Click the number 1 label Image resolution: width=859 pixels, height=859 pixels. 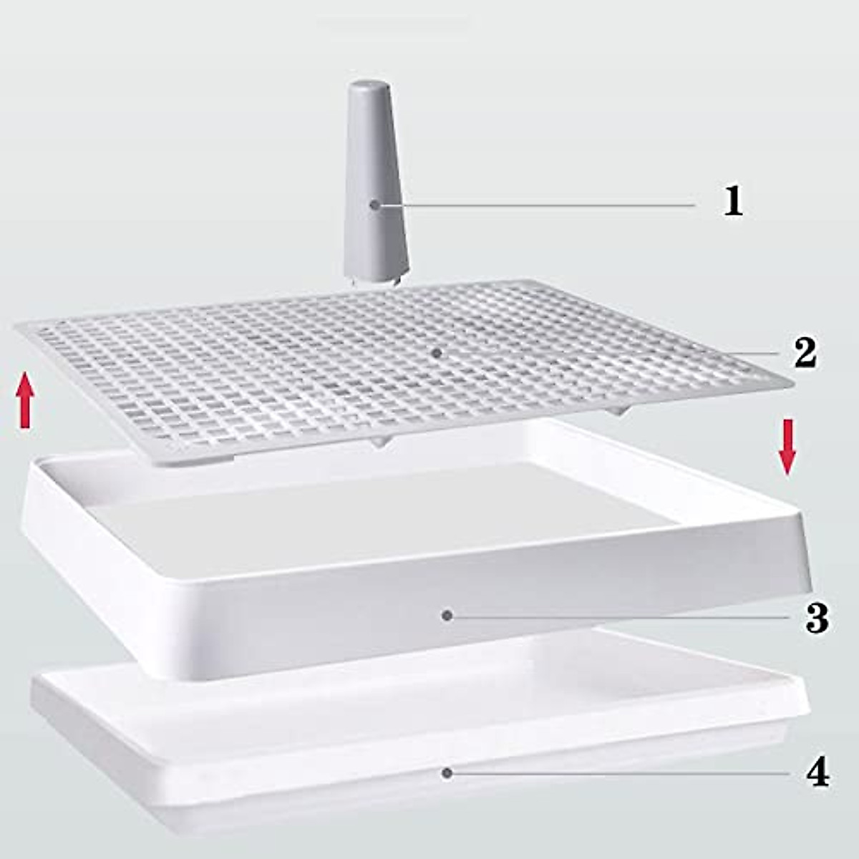[x=732, y=201]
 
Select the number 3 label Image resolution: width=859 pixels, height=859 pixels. [x=817, y=618]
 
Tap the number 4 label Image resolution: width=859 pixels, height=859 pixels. [x=817, y=774]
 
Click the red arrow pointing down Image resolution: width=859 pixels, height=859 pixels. [x=787, y=447]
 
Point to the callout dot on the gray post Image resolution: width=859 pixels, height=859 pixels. [x=374, y=205]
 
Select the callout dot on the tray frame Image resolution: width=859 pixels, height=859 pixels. [x=447, y=615]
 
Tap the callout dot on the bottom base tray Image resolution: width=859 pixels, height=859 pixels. [x=447, y=773]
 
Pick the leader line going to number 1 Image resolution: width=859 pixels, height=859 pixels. [x=537, y=205]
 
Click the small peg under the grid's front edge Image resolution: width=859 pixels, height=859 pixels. [x=379, y=444]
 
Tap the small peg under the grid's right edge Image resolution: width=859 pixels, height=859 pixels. [x=620, y=412]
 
